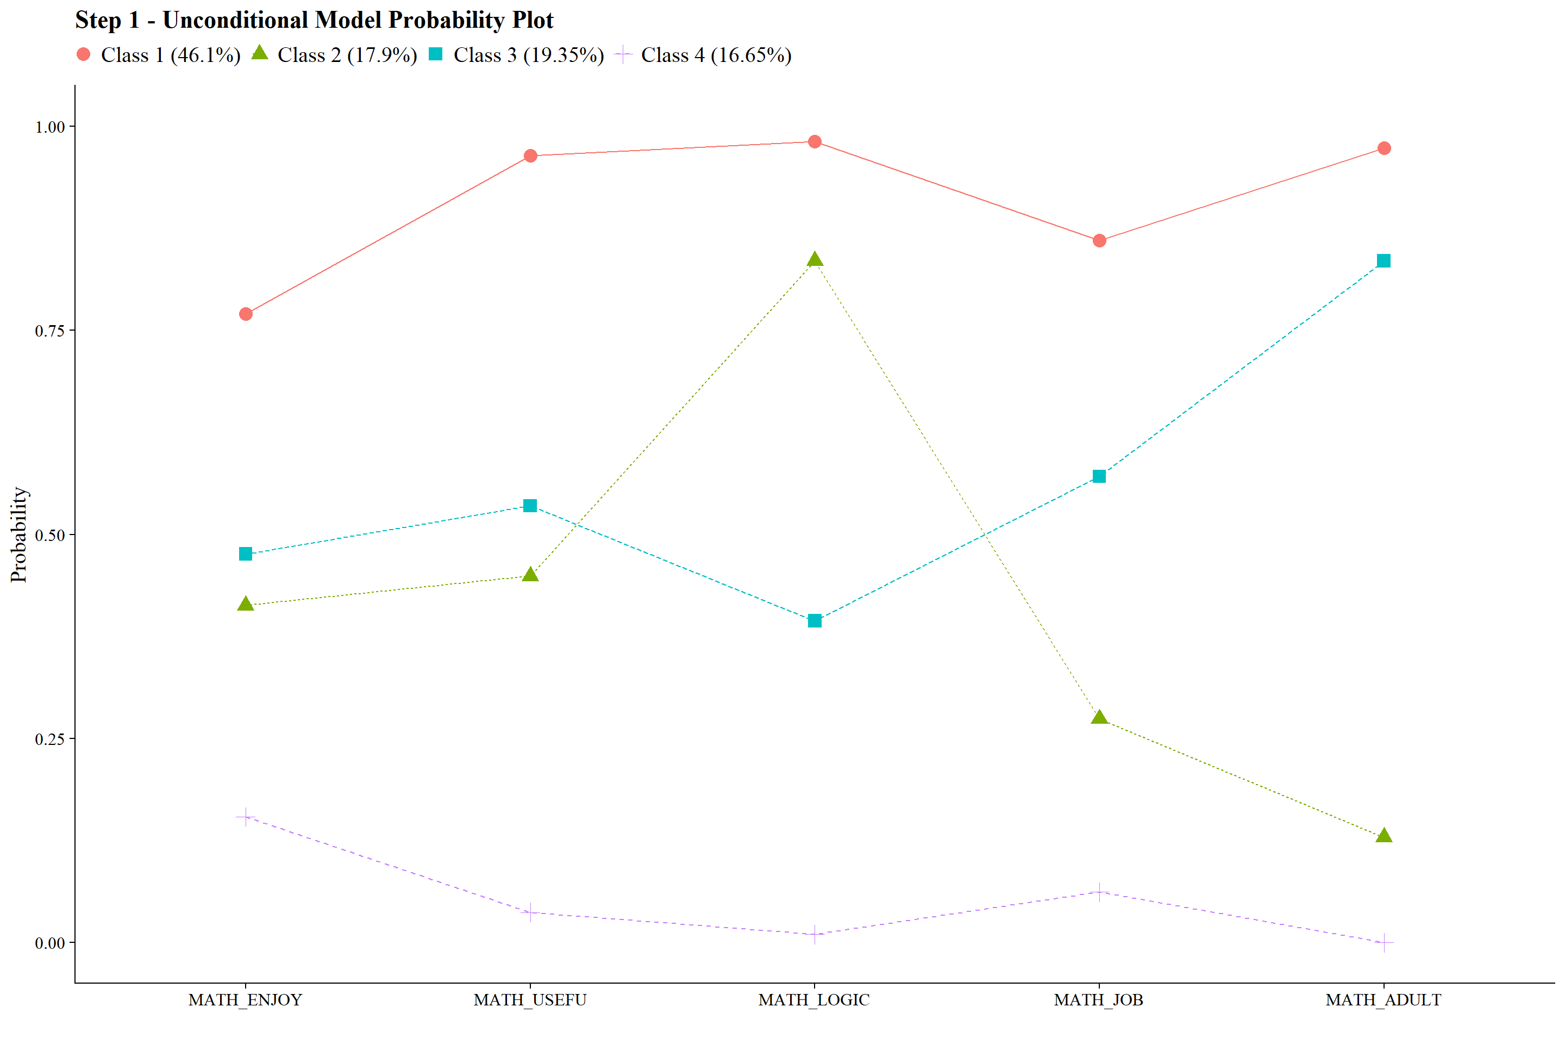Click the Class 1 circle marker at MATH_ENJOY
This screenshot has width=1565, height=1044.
(x=246, y=314)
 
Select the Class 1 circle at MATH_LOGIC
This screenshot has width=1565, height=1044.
(x=815, y=142)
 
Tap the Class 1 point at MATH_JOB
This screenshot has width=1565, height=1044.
(x=1099, y=240)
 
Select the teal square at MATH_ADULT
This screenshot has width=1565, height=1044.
(x=1384, y=261)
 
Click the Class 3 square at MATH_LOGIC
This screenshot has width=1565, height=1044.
(x=815, y=620)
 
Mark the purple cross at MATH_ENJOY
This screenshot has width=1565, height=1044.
(x=246, y=817)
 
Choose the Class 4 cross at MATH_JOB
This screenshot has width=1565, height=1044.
(x=1099, y=892)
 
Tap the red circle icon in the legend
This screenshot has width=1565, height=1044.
(x=83, y=54)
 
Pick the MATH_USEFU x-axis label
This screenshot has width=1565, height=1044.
(x=530, y=1000)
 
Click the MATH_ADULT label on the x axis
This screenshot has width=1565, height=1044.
(x=1384, y=1000)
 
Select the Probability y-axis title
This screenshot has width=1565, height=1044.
(x=18, y=535)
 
